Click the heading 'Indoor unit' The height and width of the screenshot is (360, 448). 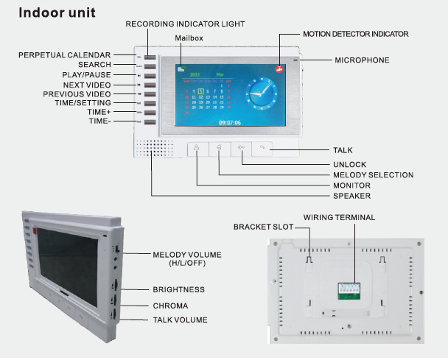click(x=57, y=13)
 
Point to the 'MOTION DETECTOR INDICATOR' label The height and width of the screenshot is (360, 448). click(x=355, y=34)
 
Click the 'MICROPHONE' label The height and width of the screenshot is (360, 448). click(x=362, y=60)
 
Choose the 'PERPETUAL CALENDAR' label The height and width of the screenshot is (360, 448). click(x=65, y=55)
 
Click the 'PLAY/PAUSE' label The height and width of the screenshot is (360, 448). click(x=86, y=75)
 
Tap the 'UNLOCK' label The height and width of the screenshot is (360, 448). click(x=349, y=164)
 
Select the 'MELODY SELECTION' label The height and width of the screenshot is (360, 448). click(x=373, y=175)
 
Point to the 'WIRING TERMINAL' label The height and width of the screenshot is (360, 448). click(x=339, y=217)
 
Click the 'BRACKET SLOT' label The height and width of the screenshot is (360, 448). click(x=263, y=226)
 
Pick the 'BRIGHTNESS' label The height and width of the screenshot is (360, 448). click(x=178, y=289)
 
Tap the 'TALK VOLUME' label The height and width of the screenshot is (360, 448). click(x=180, y=320)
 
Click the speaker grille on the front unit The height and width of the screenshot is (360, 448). click(x=153, y=149)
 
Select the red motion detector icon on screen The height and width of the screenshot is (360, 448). click(x=280, y=68)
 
